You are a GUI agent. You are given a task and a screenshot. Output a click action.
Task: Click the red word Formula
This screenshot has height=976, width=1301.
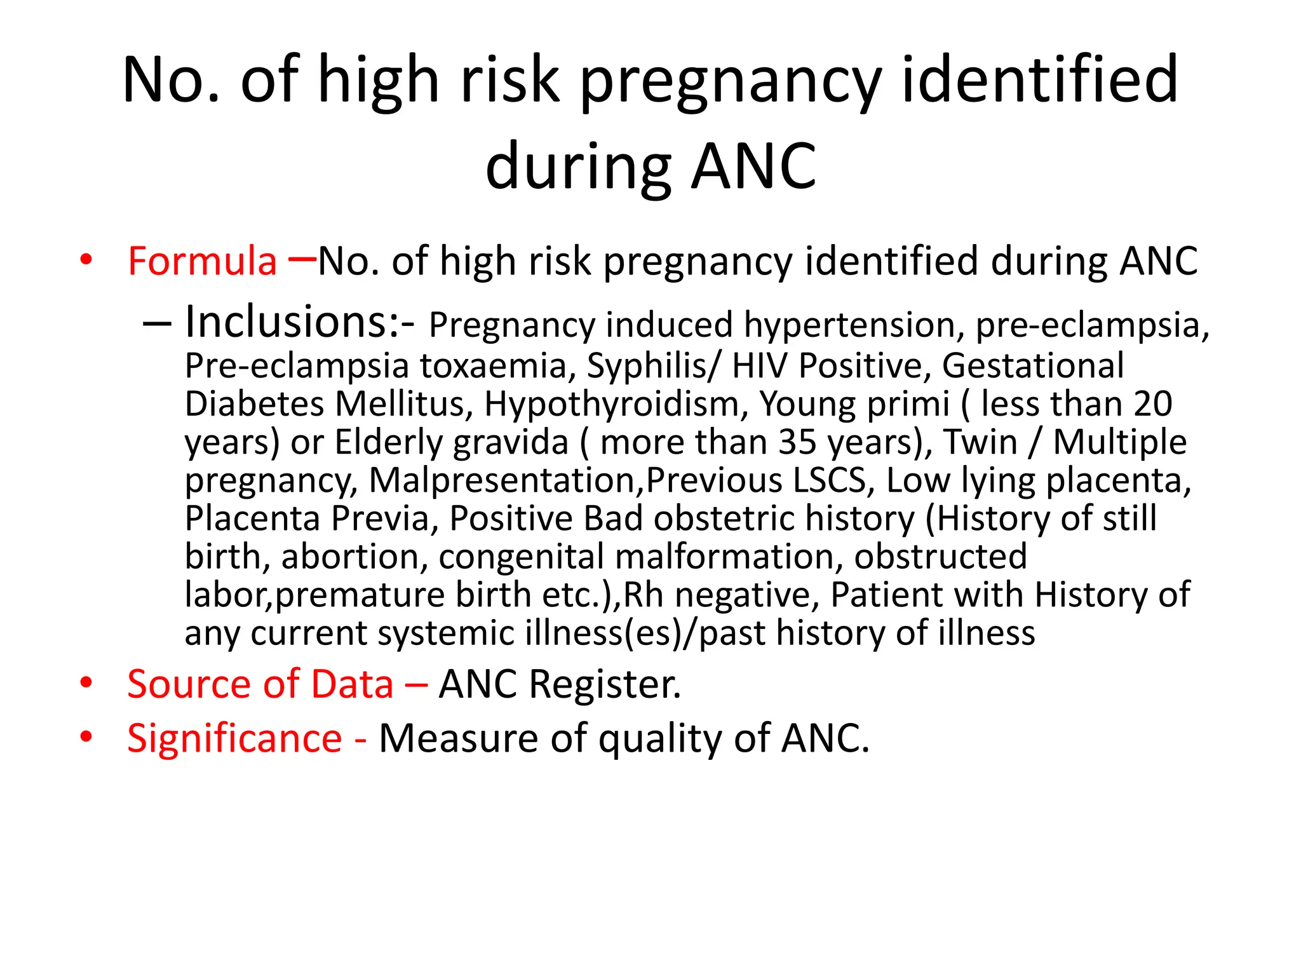[x=202, y=261]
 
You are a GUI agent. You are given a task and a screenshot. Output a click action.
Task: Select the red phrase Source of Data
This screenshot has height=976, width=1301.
[x=260, y=684]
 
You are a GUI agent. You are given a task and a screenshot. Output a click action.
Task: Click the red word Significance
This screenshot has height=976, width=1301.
[x=234, y=738]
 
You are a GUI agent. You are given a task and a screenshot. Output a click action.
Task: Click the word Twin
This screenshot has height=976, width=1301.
[x=980, y=442]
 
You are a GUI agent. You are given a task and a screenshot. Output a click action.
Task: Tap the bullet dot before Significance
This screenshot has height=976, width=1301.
[x=86, y=737]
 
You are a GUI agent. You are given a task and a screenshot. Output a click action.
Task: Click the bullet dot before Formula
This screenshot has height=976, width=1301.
[x=86, y=260]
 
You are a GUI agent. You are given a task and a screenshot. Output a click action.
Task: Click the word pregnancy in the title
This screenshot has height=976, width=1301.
[x=731, y=81]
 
